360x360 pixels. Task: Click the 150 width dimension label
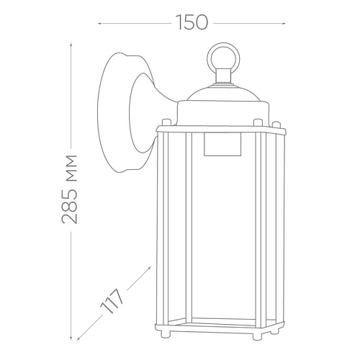[192, 22]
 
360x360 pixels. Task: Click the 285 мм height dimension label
[70, 189]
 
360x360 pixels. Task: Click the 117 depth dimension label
[112, 301]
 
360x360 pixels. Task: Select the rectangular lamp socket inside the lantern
[222, 145]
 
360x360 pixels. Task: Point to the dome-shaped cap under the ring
[223, 92]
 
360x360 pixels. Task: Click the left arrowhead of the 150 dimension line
[99, 24]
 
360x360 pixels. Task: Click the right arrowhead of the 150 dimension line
[284, 24]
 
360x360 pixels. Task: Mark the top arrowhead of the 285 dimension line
[71, 45]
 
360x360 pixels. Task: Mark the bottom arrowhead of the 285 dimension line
[71, 338]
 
